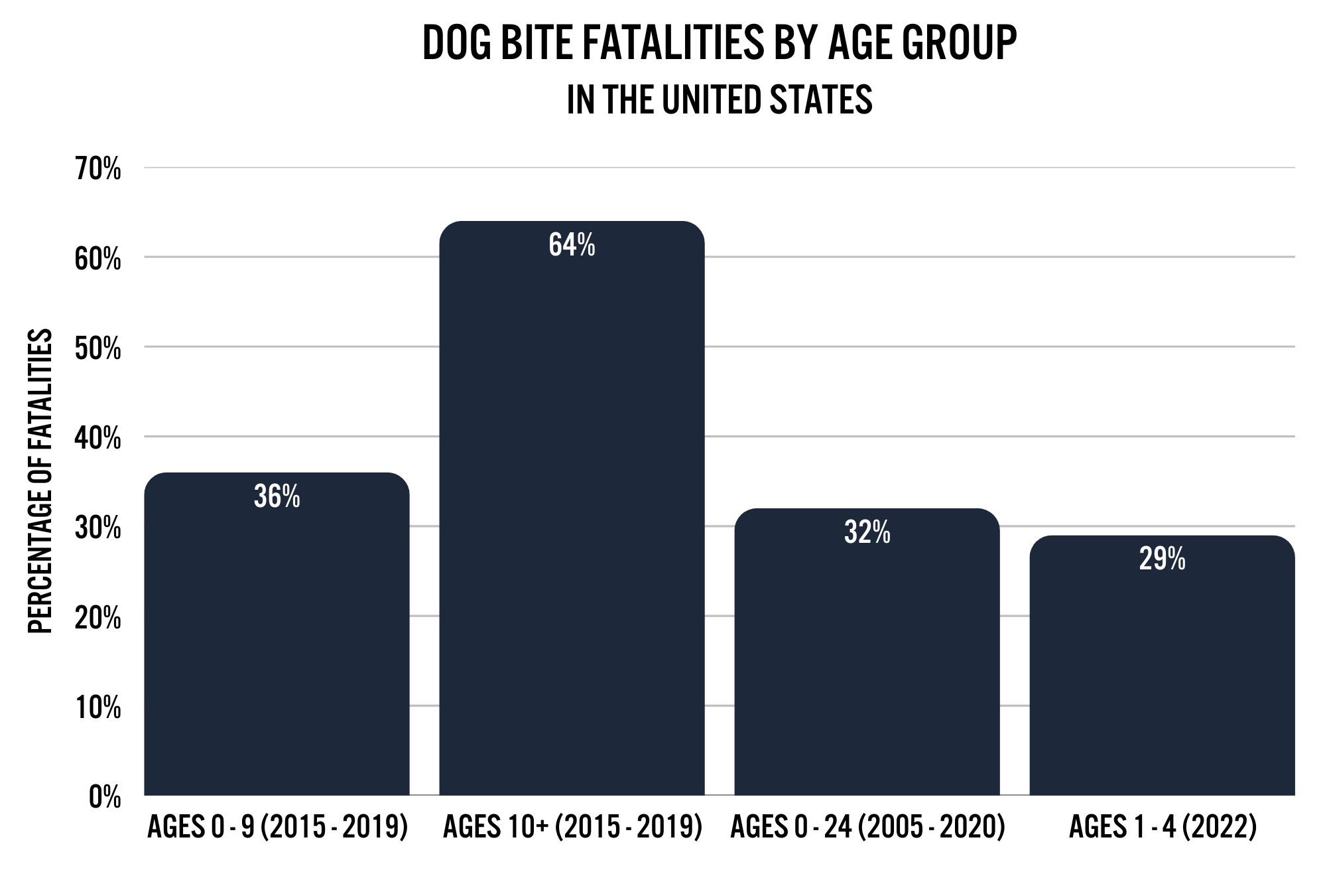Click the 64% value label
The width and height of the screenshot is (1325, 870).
click(x=572, y=246)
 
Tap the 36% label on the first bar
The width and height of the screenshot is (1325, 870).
click(x=277, y=497)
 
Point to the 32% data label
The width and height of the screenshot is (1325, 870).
click(x=867, y=533)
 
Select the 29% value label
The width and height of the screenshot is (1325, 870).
click(x=1162, y=560)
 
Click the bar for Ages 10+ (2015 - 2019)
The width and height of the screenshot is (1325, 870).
click(x=572, y=531)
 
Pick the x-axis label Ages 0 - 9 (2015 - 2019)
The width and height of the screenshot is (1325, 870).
click(x=277, y=828)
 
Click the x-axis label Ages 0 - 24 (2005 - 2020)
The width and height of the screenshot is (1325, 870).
click(x=867, y=828)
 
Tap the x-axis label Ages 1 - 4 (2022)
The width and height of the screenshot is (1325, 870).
click(x=1162, y=828)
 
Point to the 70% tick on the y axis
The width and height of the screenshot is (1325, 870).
click(x=98, y=170)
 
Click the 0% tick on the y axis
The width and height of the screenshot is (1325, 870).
click(x=105, y=798)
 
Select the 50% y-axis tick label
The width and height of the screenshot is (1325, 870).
click(x=98, y=349)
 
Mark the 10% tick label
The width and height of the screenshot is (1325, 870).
click(x=98, y=708)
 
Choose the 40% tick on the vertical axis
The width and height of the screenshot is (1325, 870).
click(x=98, y=439)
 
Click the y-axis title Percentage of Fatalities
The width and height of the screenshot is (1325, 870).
click(x=40, y=481)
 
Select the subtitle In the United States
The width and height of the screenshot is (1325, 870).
click(x=719, y=100)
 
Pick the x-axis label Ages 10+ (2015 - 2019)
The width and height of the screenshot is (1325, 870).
click(x=572, y=828)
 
